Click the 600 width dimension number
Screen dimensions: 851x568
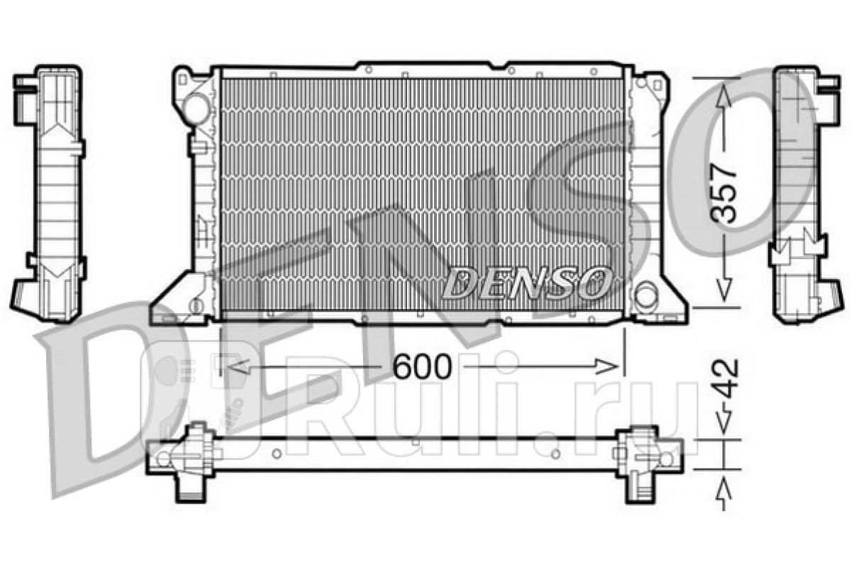[x=422, y=366]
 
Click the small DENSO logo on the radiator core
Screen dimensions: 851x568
[x=527, y=283]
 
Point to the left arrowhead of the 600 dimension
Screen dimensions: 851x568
[x=238, y=366]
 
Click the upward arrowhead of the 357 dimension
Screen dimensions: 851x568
[x=724, y=96]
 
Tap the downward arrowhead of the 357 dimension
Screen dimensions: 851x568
[x=724, y=290]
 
